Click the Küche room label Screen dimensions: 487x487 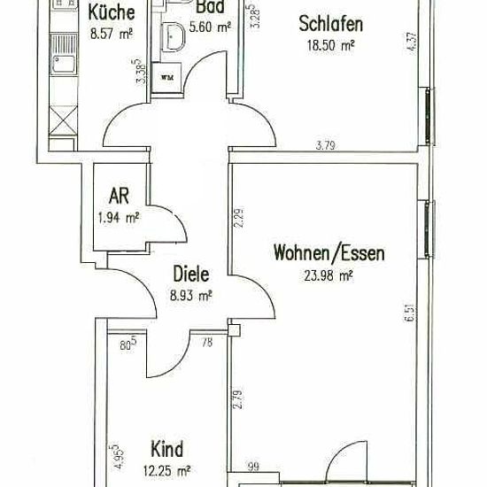coord(112,12)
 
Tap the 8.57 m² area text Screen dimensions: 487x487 coord(112,34)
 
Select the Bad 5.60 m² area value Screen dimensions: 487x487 coord(210,27)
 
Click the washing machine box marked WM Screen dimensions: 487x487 coord(166,77)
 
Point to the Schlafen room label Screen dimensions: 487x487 coord(331,24)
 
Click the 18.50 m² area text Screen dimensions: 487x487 coord(331,46)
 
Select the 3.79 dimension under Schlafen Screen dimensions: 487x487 coord(325,145)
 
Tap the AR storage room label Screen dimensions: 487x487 coord(119,197)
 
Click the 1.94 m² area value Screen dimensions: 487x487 coord(119,218)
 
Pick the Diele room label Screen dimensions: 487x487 coord(191,274)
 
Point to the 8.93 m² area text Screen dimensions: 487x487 coord(191,296)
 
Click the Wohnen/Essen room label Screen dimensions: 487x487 coord(329,253)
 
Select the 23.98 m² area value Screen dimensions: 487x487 coord(329,275)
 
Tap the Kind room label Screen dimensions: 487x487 coord(166,449)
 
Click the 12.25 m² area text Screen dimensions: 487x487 coord(166,471)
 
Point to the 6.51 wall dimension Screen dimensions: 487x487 coord(409,313)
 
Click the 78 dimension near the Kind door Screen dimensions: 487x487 coord(207,343)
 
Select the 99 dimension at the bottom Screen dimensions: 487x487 coord(253,467)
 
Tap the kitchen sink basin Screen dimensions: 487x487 coord(64,65)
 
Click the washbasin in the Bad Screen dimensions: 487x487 coord(174,36)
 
